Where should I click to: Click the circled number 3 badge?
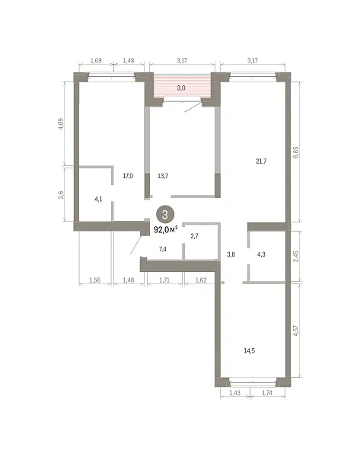(165, 215)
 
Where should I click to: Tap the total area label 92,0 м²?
(166, 230)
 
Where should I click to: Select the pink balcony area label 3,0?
(181, 88)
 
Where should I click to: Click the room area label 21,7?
(261, 161)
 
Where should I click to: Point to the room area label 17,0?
(128, 176)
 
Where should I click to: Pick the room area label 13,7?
(163, 176)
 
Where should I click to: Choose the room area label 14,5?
(250, 350)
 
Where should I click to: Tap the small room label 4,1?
(98, 200)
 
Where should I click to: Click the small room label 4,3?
(261, 254)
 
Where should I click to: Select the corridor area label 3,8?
(231, 254)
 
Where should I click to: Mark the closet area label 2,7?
(194, 236)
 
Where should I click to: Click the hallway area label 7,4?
(163, 249)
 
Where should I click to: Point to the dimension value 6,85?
(296, 152)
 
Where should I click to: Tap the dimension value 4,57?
(296, 331)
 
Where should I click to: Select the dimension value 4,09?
(61, 124)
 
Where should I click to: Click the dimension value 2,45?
(296, 257)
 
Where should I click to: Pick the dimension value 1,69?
(96, 61)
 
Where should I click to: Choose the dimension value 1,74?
(267, 393)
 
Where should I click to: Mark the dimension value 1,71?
(164, 280)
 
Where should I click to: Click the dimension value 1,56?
(94, 280)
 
